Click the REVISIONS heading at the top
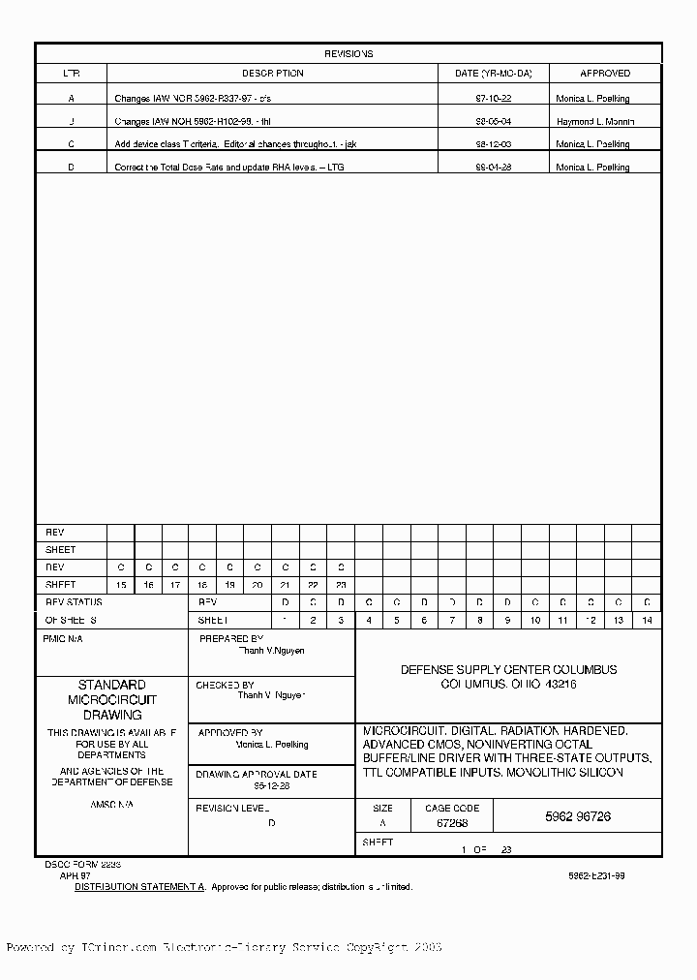click(348, 54)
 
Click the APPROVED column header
click(605, 74)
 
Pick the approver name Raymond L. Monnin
click(594, 122)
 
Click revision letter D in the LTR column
click(71, 168)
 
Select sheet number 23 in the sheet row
click(341, 585)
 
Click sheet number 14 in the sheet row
click(647, 620)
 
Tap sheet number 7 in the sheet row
click(452, 620)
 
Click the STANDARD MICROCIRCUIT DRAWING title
click(111, 699)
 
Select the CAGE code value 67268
click(451, 823)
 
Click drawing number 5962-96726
click(577, 816)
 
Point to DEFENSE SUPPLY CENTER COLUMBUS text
click(508, 670)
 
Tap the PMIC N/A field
click(64, 639)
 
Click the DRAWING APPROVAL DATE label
click(256, 775)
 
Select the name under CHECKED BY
click(271, 695)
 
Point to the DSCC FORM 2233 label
click(82, 862)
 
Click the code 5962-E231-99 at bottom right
click(596, 874)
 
